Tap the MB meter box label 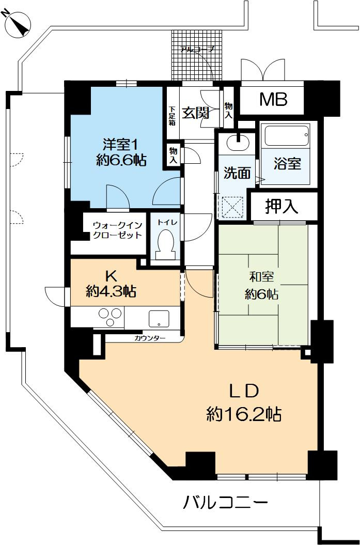click(273, 99)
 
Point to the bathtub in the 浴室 click(287, 135)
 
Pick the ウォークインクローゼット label click(117, 230)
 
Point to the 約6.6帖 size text click(121, 161)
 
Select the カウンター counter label click(150, 338)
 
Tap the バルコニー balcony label click(226, 502)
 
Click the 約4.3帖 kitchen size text click(111, 292)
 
